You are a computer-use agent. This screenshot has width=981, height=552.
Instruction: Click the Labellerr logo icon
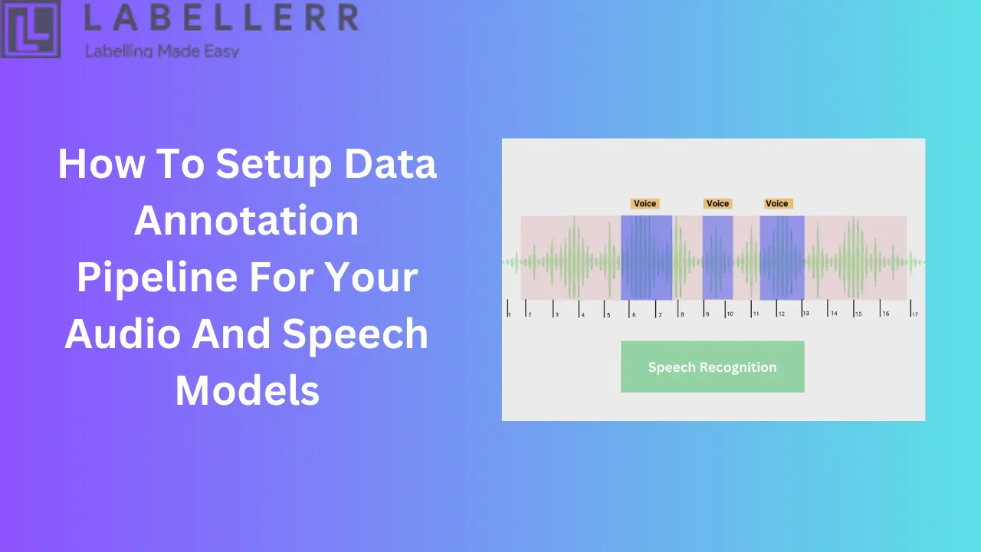point(31,28)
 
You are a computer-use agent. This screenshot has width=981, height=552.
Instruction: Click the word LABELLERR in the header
point(220,18)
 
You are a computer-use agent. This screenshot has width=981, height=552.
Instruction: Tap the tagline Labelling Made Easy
point(162,51)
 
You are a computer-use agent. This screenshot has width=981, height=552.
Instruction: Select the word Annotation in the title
point(247,221)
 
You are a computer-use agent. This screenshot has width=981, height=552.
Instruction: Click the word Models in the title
point(247,390)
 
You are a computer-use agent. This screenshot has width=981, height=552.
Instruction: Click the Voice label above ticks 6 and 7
point(645,203)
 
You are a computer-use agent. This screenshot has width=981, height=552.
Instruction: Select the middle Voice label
point(717,203)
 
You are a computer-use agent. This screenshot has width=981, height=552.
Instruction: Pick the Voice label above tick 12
point(776,203)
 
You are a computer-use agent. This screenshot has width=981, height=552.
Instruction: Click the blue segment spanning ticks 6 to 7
point(646,258)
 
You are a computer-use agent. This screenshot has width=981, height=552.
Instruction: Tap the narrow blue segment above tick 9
point(717,258)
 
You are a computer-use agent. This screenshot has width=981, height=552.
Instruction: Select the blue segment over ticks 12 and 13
point(782,258)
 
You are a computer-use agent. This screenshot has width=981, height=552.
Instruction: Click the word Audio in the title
point(123,334)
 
